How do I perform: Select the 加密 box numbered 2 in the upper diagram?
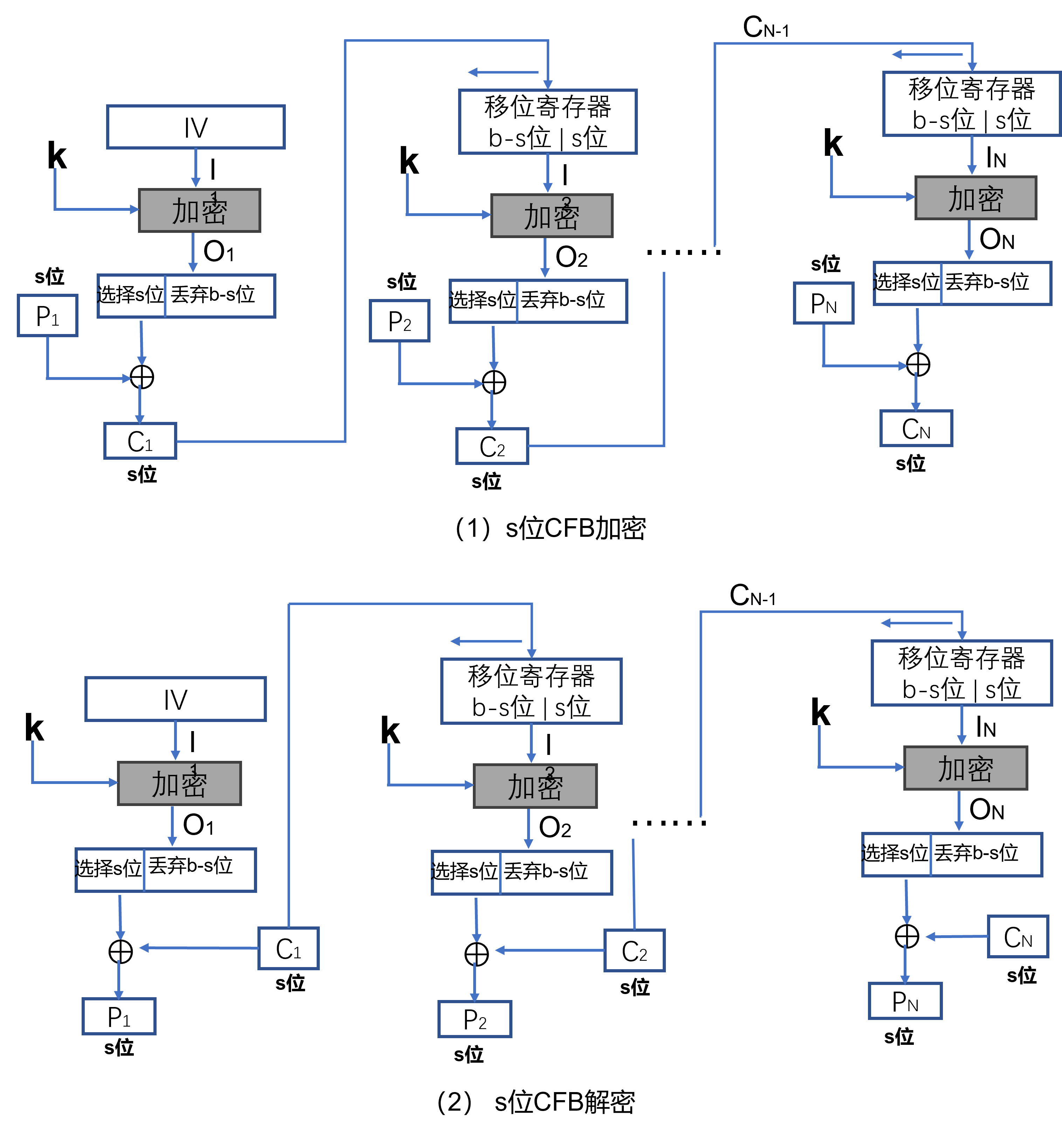[552, 216]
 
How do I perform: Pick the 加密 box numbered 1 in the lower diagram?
[179, 784]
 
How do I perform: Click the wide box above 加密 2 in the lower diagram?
[531, 691]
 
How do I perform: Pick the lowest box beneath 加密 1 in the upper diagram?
[140, 441]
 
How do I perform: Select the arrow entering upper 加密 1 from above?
[195, 168]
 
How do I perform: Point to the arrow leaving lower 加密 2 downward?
[529, 828]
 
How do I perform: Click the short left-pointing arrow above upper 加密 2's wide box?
[503, 72]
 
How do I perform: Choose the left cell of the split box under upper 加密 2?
[483, 301]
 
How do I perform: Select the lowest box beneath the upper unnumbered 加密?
[916, 428]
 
